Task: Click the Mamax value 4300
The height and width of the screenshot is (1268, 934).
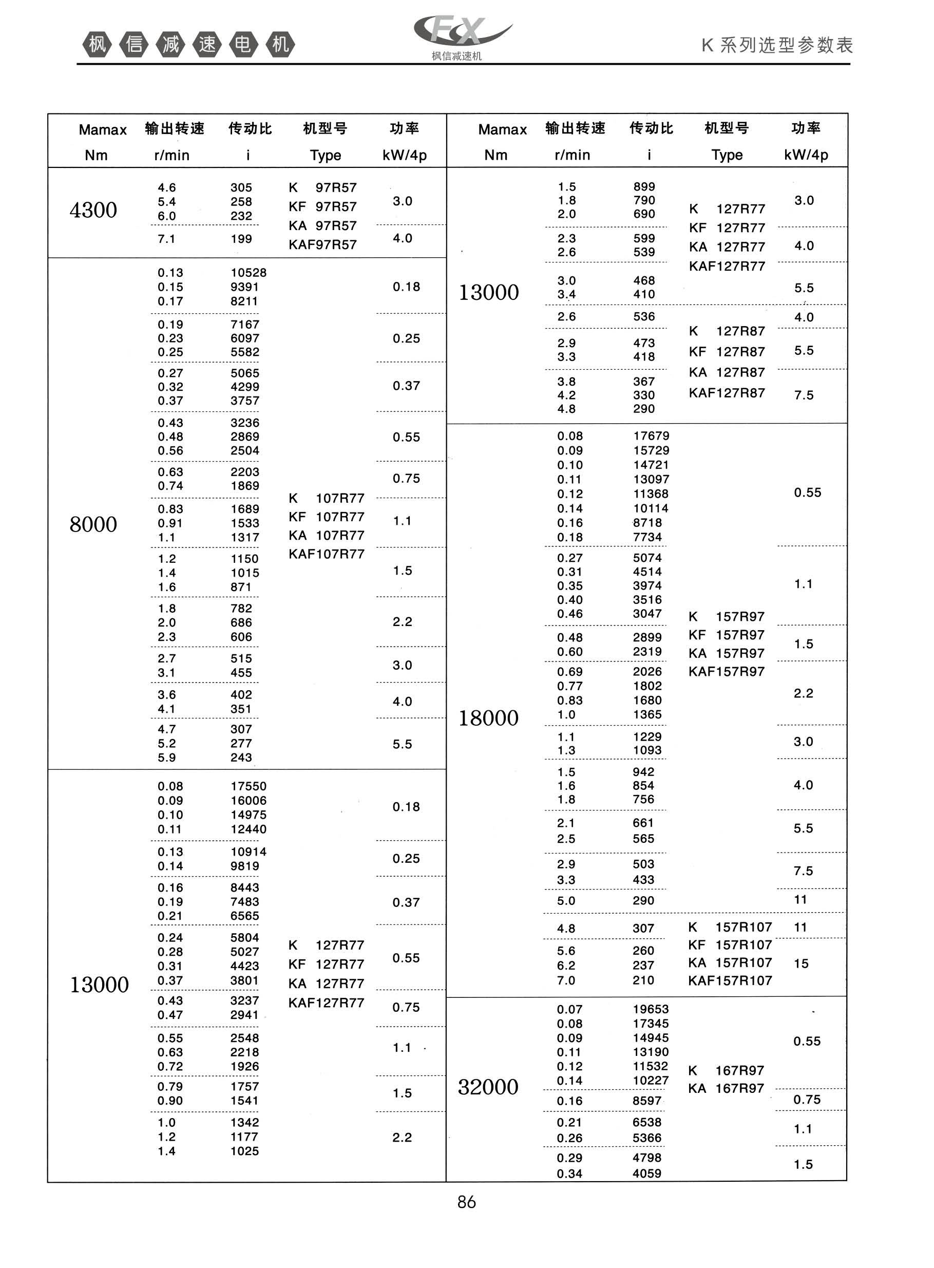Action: click(93, 210)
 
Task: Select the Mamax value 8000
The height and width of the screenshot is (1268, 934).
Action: click(93, 525)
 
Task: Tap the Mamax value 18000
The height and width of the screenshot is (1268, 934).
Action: click(488, 718)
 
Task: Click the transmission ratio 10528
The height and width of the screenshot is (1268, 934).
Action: click(248, 273)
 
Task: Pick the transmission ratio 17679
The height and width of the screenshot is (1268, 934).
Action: click(651, 436)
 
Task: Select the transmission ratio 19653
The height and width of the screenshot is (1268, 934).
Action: click(650, 1009)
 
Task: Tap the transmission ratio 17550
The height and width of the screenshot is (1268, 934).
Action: click(248, 786)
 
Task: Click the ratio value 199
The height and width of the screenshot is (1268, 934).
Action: click(241, 239)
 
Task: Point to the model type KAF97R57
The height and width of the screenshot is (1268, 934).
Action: click(322, 245)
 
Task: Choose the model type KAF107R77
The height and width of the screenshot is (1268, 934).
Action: click(326, 554)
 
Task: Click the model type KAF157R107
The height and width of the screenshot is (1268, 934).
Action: click(730, 981)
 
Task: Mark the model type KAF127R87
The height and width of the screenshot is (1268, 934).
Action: click(727, 393)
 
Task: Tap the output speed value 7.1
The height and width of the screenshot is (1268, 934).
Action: click(166, 239)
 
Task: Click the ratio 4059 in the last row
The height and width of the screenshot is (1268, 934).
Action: click(647, 1174)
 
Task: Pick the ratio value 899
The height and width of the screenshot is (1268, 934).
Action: click(644, 186)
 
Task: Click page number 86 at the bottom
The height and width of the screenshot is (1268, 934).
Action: click(466, 1202)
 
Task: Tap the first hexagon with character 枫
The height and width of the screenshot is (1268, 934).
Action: click(97, 44)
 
